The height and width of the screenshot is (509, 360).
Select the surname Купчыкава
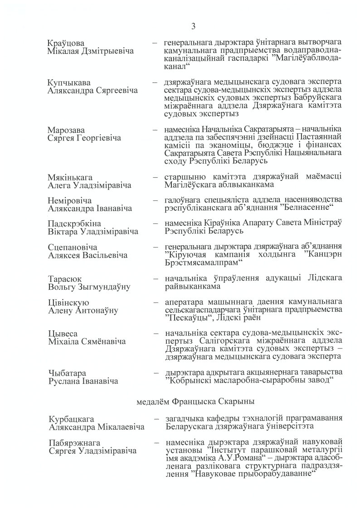click(x=68, y=83)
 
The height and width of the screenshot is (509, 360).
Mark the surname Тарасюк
click(x=64, y=278)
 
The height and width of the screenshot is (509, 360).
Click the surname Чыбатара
click(x=67, y=373)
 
